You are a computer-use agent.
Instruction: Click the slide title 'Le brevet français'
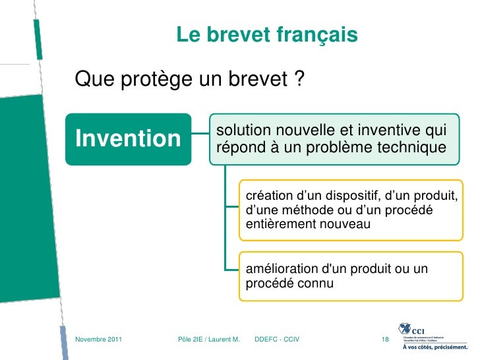(x=267, y=35)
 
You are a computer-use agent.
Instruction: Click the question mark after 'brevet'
(x=299, y=80)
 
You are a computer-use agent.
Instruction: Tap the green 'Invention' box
(x=129, y=139)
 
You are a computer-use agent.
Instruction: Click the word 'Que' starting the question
(x=92, y=80)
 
